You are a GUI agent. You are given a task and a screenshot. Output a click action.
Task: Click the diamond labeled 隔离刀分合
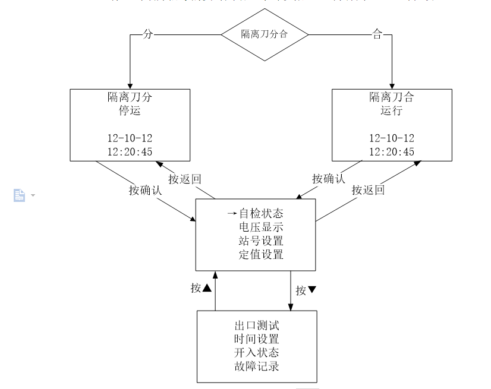click(x=265, y=34)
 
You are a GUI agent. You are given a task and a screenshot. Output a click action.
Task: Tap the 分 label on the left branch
click(x=149, y=34)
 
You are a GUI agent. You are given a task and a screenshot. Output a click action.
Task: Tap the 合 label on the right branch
click(x=376, y=34)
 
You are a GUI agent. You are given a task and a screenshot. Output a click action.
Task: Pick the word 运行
click(x=392, y=110)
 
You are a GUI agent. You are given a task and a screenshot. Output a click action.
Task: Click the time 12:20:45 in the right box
click(x=392, y=151)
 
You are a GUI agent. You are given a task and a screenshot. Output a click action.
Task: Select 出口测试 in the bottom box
click(x=257, y=325)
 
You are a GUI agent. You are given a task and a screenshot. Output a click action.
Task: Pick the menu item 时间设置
click(x=257, y=339)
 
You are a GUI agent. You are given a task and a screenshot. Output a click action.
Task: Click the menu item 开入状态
click(x=257, y=352)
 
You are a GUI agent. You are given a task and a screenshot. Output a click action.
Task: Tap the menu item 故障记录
click(x=257, y=365)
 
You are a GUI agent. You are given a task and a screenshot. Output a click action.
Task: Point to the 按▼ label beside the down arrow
click(x=306, y=290)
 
